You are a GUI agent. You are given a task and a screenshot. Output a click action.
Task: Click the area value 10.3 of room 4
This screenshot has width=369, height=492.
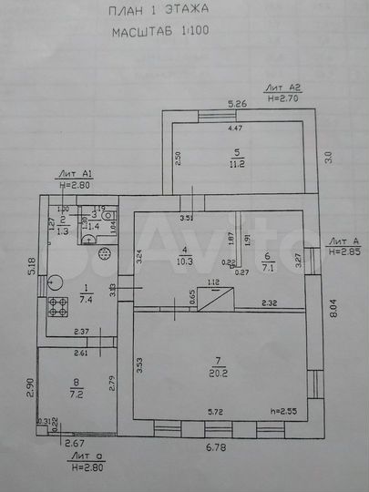tap(187, 261)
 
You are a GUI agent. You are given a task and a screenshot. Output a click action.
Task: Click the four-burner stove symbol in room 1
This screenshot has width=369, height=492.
tap(58, 306)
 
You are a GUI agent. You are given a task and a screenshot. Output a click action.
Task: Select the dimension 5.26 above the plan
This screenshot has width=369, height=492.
tap(238, 103)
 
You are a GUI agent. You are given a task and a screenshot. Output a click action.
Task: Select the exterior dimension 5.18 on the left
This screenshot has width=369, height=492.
tap(29, 267)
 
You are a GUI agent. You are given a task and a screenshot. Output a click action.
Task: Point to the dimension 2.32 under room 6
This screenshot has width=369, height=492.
tap(269, 302)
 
